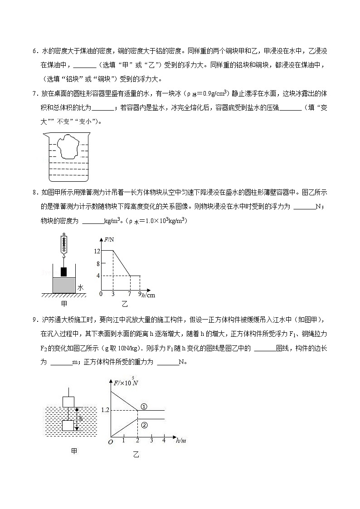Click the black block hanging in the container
point(64,271)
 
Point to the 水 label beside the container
point(80,287)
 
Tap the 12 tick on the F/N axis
point(97,251)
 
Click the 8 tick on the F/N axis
point(97,263)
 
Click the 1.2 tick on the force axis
point(105,410)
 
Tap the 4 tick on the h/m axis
point(164,440)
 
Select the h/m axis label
point(180,441)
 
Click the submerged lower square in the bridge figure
point(68,426)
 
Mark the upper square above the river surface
point(68,401)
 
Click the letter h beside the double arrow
point(80,418)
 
